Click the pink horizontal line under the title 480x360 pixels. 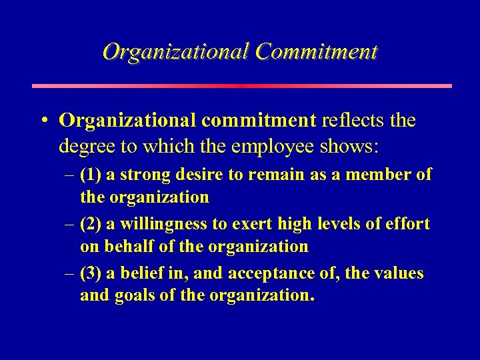(x=241, y=86)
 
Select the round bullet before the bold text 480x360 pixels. (x=43, y=121)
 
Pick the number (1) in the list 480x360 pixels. (x=89, y=175)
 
